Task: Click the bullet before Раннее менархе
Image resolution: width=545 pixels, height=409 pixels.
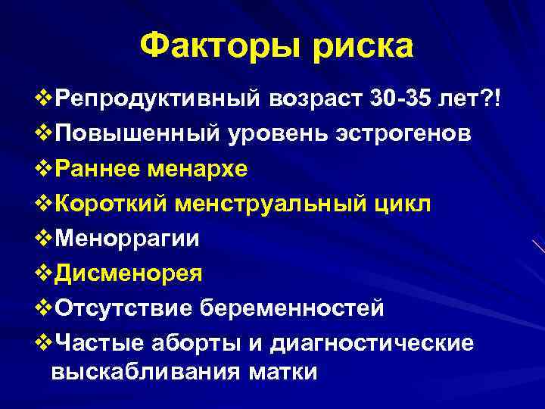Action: pyautogui.click(x=42, y=168)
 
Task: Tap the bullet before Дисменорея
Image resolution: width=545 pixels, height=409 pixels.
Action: pyautogui.click(x=42, y=273)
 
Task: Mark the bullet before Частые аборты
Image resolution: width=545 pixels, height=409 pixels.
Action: pyautogui.click(x=42, y=342)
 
